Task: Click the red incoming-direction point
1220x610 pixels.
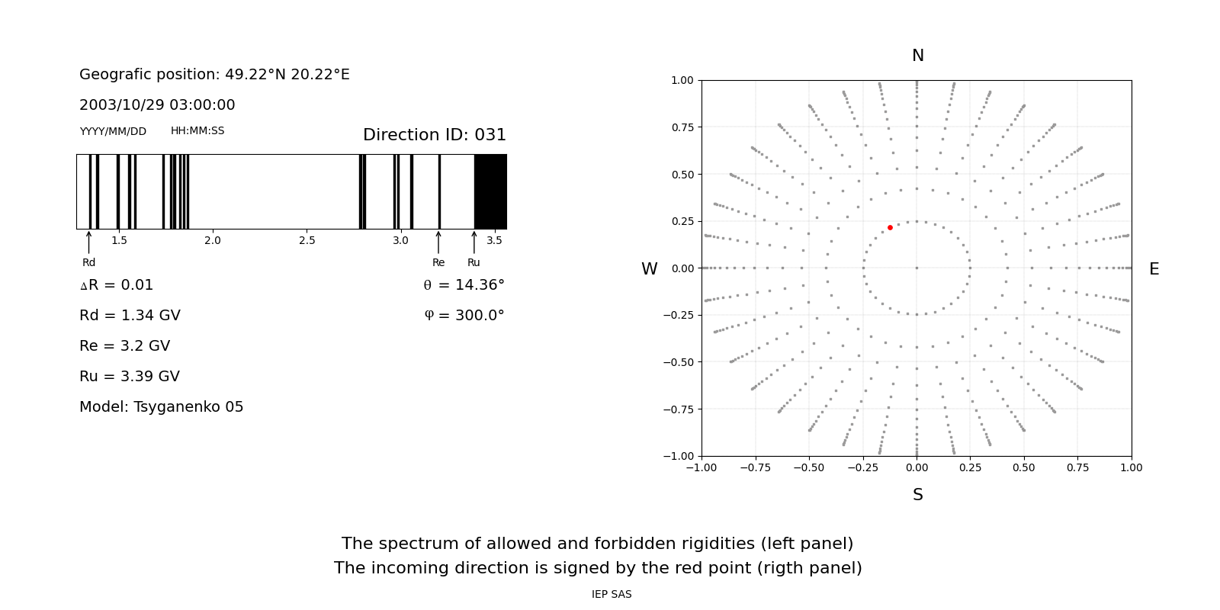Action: coord(890,227)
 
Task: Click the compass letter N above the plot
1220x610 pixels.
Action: coord(918,56)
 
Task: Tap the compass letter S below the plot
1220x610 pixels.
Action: coord(918,495)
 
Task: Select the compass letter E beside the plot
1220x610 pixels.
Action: coord(1154,269)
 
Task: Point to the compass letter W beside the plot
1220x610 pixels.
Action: coord(650,269)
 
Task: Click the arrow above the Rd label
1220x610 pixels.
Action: coord(89,242)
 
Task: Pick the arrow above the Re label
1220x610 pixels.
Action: coord(438,242)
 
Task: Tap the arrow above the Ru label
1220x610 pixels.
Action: coord(474,242)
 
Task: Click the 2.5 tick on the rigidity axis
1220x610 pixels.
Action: coord(307,240)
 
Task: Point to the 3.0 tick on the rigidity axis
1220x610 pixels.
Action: coord(400,240)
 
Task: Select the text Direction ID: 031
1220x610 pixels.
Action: coord(435,135)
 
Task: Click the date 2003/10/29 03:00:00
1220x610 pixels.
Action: coord(157,105)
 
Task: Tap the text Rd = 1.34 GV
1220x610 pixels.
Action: coord(130,316)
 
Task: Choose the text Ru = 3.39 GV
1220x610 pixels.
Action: coord(130,377)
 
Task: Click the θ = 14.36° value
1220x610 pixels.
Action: coord(464,285)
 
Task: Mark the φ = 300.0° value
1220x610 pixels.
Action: coord(464,316)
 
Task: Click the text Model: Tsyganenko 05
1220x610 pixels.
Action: coord(162,407)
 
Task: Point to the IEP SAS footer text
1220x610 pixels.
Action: coord(612,595)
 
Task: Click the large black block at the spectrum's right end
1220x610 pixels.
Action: coord(490,191)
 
